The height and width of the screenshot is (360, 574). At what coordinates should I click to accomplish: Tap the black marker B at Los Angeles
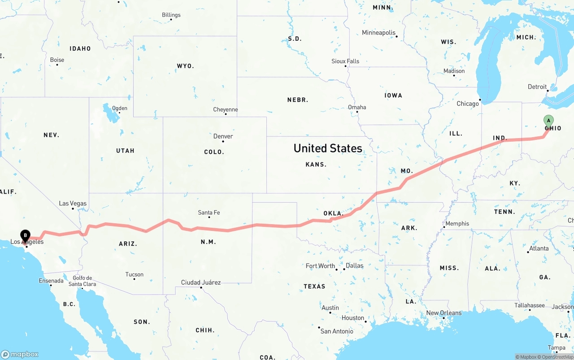click(26, 234)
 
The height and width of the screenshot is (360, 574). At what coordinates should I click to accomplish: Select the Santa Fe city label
click(209, 213)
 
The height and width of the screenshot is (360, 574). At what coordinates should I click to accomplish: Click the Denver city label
click(223, 136)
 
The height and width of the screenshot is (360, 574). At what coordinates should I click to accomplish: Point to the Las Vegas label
click(73, 204)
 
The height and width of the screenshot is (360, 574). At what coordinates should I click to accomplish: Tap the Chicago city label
click(468, 104)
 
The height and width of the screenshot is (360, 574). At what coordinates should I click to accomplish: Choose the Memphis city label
click(457, 223)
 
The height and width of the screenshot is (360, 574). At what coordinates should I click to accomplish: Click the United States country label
click(328, 148)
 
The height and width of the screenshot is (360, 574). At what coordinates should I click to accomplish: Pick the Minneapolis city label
click(379, 33)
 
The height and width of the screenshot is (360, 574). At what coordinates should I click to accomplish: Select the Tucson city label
click(135, 274)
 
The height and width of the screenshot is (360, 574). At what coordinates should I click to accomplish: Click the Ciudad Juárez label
click(201, 282)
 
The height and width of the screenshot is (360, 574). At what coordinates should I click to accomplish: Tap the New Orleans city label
click(444, 313)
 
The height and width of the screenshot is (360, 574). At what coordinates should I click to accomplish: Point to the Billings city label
click(171, 15)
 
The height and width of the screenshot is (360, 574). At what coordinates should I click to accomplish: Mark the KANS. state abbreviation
click(316, 165)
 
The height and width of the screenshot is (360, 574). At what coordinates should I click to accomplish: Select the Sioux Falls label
click(345, 61)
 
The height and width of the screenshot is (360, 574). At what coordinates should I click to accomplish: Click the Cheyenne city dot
click(226, 114)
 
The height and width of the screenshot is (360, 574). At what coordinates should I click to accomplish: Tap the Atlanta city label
click(539, 248)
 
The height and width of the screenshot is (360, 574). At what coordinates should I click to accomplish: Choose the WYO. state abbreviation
click(185, 66)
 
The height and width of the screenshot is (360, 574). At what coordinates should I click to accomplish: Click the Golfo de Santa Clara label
click(82, 281)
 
